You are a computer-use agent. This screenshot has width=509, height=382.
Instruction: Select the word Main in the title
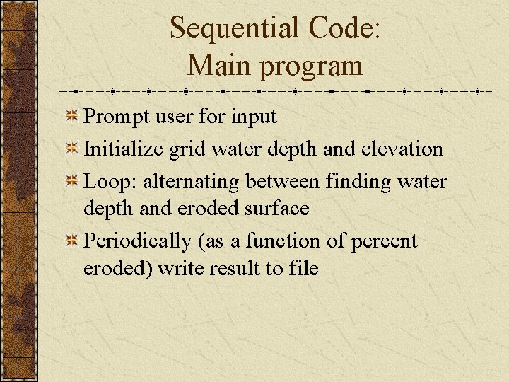coord(220,66)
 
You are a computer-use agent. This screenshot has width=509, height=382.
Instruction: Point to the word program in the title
coord(312,69)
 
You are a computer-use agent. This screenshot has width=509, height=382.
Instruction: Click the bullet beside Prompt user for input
coord(72,116)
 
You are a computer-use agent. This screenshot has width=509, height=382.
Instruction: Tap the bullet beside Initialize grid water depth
coord(72,149)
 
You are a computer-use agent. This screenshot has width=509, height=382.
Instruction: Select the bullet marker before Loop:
coord(72,182)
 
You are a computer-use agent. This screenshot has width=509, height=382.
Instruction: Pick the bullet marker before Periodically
coord(72,242)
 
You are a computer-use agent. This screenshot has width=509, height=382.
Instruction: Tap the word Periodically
coord(139,242)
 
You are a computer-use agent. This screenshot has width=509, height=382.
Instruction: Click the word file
coord(303,269)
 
